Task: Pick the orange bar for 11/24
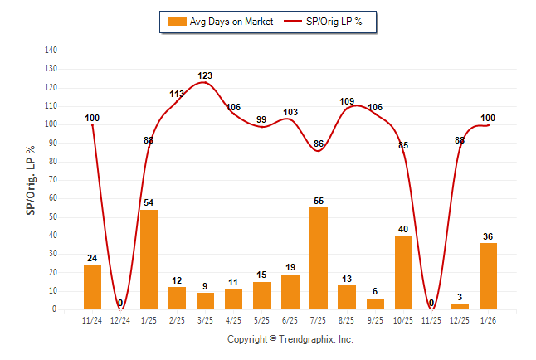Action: click(x=93, y=286)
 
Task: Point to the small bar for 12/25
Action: click(x=460, y=306)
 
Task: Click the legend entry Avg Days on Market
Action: click(x=219, y=21)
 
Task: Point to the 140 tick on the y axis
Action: click(x=51, y=51)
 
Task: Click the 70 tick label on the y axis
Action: click(x=52, y=180)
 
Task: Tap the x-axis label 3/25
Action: click(x=205, y=319)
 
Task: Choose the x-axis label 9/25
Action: click(x=375, y=319)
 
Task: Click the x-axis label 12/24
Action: click(x=120, y=319)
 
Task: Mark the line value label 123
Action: click(x=205, y=75)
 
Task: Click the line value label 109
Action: click(x=347, y=101)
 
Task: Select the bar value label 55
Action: click(x=319, y=201)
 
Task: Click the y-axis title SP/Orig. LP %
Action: click(x=31, y=180)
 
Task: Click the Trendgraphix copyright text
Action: click(x=290, y=339)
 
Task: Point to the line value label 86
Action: click(x=319, y=144)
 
